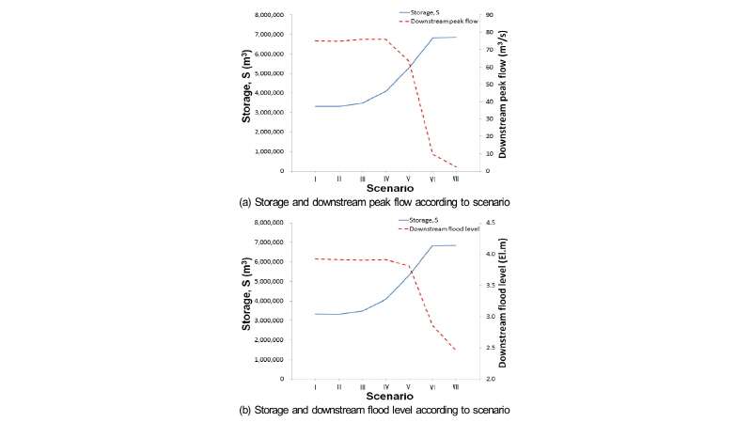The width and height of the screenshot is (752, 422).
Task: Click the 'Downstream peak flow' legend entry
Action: coord(450,21)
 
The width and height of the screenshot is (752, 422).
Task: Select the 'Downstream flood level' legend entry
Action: coord(452,228)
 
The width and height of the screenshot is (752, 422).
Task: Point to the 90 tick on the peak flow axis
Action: coord(489,15)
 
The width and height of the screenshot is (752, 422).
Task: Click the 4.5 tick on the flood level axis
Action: coord(490,223)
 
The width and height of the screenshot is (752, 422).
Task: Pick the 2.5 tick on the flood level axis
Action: coord(490,348)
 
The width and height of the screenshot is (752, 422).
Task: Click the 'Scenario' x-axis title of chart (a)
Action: coord(385,188)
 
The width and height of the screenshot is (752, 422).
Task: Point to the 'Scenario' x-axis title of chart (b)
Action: coord(385,396)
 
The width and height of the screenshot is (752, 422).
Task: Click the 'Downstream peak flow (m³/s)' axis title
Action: coord(505,93)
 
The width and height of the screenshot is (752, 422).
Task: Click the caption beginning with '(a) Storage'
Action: coord(376,202)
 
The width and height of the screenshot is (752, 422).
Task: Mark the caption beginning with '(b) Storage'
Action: coord(376,410)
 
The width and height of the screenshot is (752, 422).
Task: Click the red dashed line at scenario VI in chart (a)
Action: coord(432,152)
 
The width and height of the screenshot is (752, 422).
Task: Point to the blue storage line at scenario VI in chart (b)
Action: coord(432,246)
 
